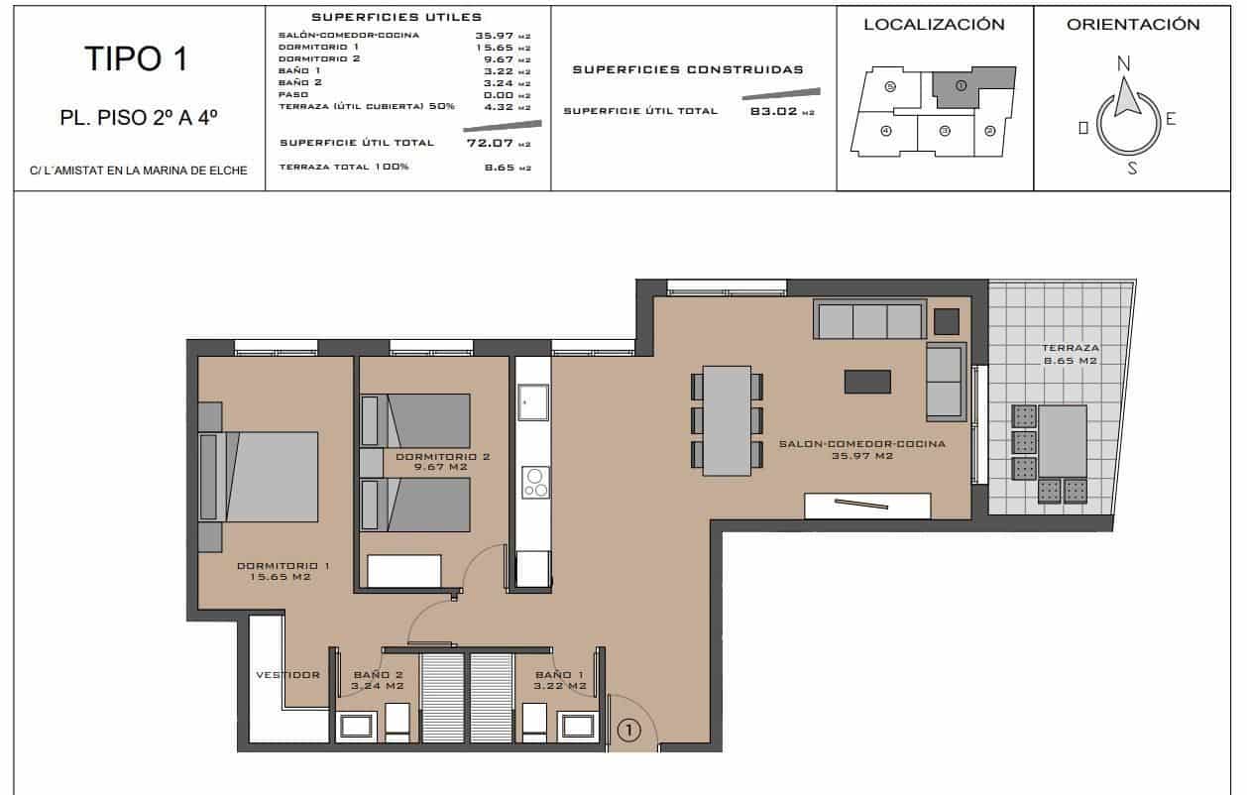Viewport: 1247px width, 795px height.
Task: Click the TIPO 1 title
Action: [138, 59]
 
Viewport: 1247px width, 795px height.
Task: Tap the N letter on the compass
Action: [1123, 63]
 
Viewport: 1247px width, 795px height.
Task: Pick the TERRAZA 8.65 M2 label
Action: [1070, 355]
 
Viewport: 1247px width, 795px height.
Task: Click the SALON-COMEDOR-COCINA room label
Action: [861, 449]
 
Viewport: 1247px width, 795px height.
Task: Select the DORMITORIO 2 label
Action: [442, 463]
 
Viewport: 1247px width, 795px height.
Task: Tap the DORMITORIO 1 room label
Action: [283, 571]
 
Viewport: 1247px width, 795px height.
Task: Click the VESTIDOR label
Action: [287, 675]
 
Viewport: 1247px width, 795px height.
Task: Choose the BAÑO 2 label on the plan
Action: [378, 680]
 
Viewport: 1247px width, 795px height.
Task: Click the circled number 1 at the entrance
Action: [628, 731]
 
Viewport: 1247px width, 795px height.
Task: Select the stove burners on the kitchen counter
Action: [535, 482]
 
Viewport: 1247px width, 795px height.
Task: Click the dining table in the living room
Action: [727, 420]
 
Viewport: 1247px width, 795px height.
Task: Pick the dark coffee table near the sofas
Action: [866, 382]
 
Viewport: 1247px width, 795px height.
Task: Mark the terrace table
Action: [1062, 441]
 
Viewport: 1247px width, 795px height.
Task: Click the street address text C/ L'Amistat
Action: [138, 170]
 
